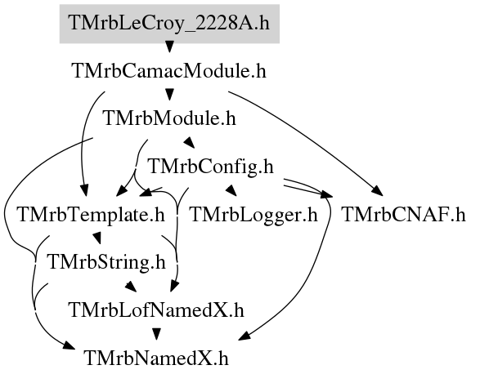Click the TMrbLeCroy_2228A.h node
point(169,24)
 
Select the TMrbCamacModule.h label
point(169,71)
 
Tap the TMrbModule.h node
point(170,118)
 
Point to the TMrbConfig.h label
point(211,167)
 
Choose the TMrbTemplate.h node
point(92,215)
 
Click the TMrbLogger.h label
point(253,215)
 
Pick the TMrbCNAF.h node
point(403,215)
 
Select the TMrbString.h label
point(106,262)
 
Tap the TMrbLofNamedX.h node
point(157,310)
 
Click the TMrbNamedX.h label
point(156,358)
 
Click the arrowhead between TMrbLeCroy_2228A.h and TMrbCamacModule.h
point(169,47)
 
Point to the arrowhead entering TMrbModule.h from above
point(169,95)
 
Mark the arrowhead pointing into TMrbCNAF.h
point(378,191)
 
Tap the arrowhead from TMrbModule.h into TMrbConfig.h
point(189,142)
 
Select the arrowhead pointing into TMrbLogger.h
point(231,190)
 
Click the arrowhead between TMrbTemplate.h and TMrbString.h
point(97,238)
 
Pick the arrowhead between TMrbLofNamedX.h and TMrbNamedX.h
point(156,334)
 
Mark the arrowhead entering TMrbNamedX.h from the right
point(244,336)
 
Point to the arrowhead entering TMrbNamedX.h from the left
point(69,345)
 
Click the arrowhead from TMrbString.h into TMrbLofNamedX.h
point(131,286)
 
